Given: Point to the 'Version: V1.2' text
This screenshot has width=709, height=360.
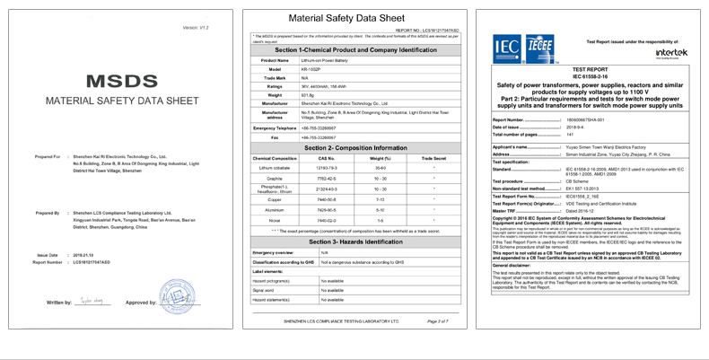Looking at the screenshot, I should pos(195,28).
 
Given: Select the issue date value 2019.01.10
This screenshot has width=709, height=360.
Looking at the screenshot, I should pos(83,255).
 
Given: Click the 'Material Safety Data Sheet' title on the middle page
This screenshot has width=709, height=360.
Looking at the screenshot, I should pos(355,19).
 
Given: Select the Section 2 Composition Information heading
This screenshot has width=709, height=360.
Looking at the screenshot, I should pos(355,147).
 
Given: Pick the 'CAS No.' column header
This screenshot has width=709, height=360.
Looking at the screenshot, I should pos(326,158).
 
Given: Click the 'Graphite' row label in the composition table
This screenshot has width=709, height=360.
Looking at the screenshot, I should pos(275,178).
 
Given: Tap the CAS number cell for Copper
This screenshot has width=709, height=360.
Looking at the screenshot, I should pos(326,199).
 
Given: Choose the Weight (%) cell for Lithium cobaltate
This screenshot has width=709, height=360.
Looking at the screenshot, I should pos(381,168).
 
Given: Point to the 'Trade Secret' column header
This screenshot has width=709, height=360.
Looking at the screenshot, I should pos(433,158).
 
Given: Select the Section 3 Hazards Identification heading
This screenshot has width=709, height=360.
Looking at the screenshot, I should pos(355,241).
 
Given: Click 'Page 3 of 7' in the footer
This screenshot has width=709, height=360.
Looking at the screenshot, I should pos(437,320).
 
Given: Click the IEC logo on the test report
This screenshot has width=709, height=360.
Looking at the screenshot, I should pos(507,47).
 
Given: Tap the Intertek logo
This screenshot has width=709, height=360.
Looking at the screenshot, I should pos(667,53).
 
